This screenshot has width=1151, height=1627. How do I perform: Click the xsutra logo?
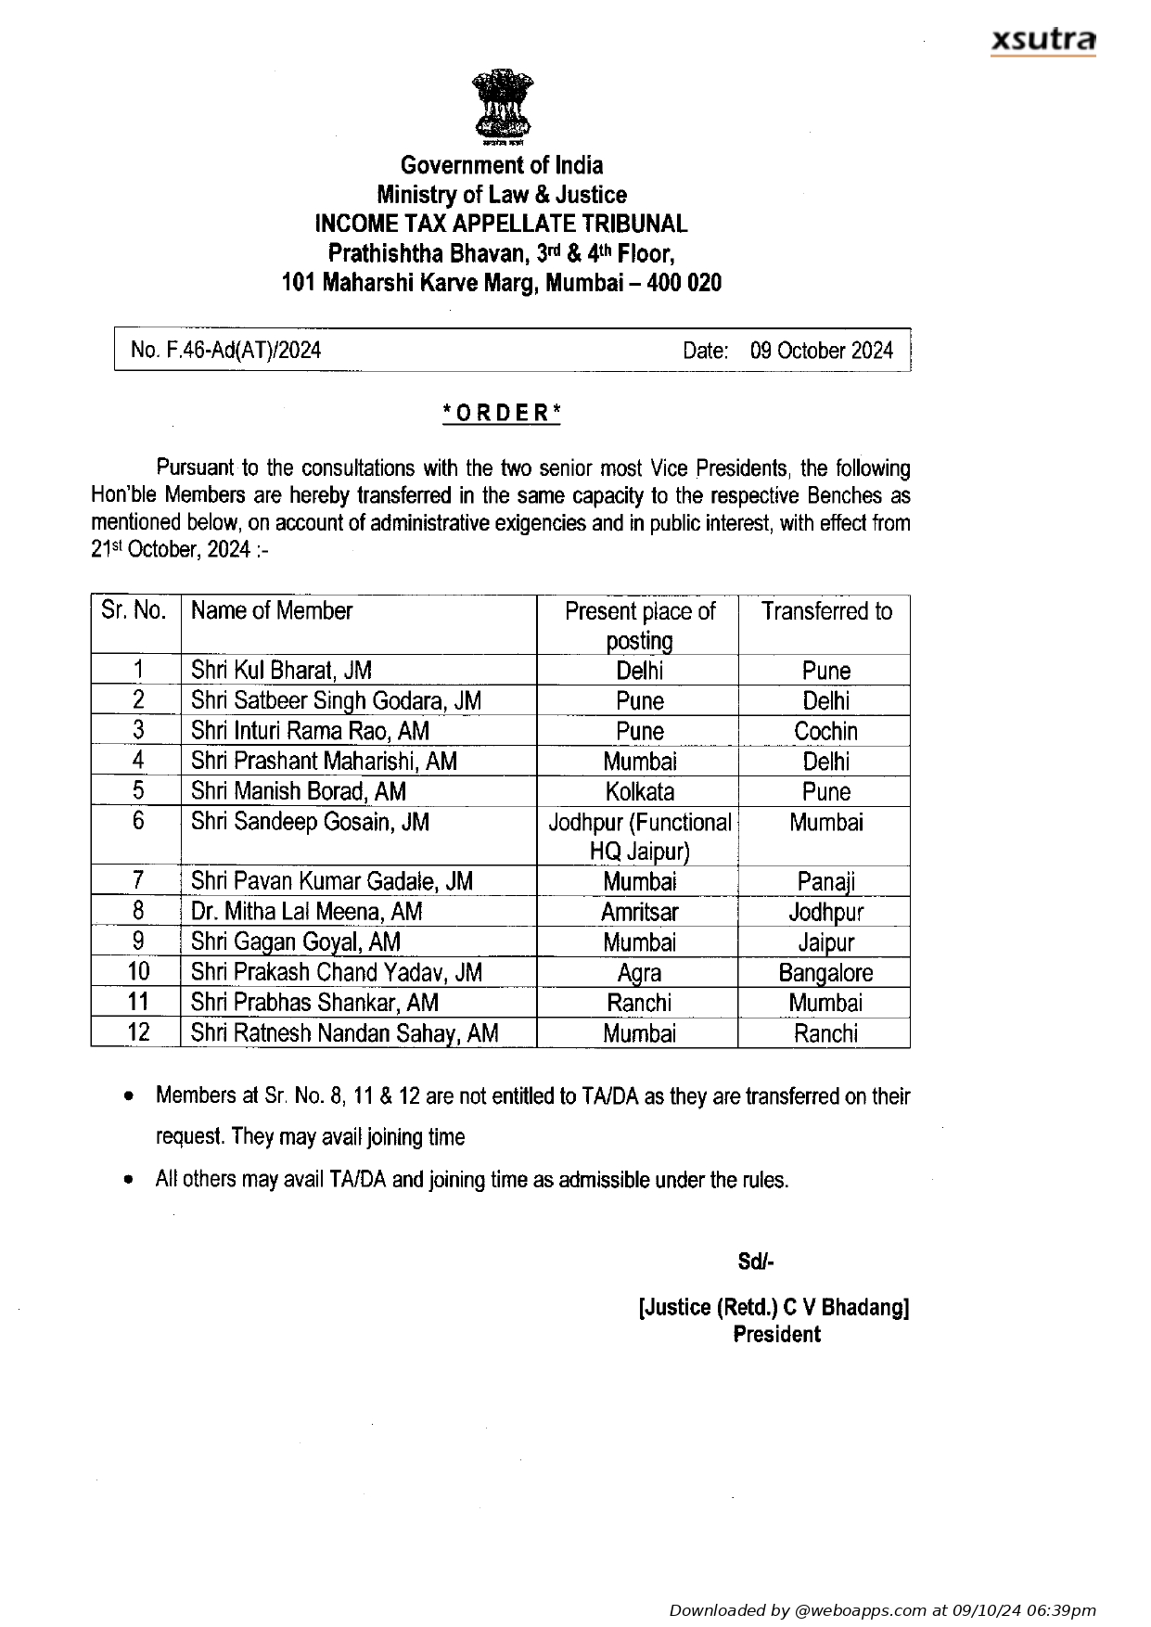coord(1042,41)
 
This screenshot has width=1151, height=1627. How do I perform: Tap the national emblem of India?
coord(502,107)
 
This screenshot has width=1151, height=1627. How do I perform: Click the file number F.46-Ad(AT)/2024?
coord(225,350)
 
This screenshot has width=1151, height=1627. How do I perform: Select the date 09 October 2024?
coord(821,350)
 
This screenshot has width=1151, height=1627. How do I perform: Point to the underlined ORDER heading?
coord(502,413)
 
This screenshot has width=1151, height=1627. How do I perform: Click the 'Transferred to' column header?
coord(825,611)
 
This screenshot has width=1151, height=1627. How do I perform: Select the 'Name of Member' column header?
coord(272,611)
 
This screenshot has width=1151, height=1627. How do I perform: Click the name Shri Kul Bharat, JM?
coord(281,671)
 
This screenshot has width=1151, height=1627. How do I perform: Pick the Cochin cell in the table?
coord(825,731)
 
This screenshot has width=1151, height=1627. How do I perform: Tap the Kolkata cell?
coord(639,791)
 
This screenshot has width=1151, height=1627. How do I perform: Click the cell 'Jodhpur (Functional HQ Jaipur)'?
coord(639,836)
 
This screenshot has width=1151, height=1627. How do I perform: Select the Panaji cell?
coord(825,881)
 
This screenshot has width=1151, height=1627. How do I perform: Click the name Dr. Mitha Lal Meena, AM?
coord(306,912)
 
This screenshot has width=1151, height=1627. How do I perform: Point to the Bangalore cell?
coord(825,972)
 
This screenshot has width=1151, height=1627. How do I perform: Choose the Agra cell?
coord(639,972)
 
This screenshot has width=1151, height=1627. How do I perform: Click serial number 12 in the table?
coord(138,1032)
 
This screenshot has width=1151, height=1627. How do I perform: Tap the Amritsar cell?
coord(639,912)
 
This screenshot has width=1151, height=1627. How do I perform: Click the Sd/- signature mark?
coord(755,1262)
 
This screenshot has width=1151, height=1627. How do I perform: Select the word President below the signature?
coord(776,1335)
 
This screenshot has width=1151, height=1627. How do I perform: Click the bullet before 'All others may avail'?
coord(129,1180)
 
